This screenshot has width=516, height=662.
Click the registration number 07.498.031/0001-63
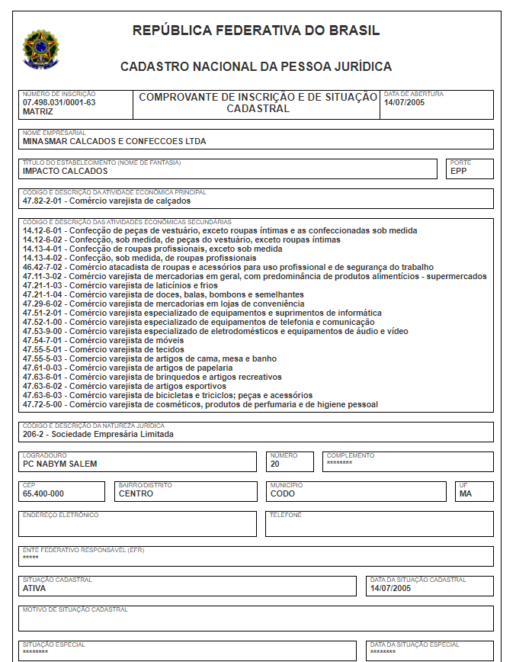point(59,102)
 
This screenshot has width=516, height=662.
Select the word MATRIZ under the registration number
point(38,111)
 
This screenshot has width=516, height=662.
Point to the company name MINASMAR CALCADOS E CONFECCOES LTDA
point(114,141)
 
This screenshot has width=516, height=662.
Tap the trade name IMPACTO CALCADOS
point(66,172)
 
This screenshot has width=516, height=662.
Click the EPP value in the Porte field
point(458,172)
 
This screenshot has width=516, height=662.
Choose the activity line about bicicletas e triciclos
point(168,395)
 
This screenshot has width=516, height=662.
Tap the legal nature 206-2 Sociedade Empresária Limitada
point(98,434)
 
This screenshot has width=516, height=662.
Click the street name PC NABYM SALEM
point(60,464)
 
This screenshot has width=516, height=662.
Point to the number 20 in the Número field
point(275,464)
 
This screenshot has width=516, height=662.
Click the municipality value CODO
point(283,493)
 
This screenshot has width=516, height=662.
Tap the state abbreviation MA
point(466,493)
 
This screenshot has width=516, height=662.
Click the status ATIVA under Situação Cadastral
point(35,588)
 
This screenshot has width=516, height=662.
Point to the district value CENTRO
point(136,493)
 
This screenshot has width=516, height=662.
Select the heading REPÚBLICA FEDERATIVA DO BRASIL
point(256,31)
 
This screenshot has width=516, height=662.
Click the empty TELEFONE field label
point(286,515)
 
